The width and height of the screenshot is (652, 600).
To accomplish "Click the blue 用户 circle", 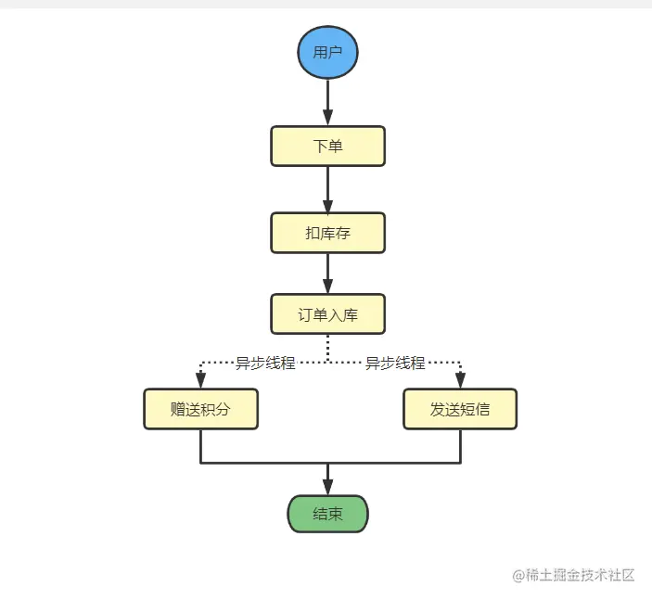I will [327, 52].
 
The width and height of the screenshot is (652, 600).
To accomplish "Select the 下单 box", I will [327, 147].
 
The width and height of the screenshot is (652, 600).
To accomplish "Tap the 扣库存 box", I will [327, 233].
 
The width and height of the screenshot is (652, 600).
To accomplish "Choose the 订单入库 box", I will [327, 314].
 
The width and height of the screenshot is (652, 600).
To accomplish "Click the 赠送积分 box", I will [200, 409].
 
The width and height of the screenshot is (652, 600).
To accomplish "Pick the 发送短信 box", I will [460, 409].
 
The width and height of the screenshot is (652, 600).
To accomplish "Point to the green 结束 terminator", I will [327, 514].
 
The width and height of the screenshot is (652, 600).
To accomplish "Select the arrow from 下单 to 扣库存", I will [327, 189].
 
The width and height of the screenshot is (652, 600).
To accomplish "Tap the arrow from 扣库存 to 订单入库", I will [327, 274].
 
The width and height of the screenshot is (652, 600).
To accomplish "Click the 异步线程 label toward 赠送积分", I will [265, 363].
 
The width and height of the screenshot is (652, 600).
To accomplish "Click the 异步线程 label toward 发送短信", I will [395, 363].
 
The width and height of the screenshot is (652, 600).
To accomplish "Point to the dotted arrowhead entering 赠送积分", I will [200, 378].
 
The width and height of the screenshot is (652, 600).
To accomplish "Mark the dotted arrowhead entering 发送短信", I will [460, 378].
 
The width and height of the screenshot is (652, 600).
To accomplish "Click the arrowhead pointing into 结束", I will [327, 486].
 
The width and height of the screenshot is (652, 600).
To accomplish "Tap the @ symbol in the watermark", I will [519, 575].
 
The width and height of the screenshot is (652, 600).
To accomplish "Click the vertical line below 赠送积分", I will [200, 445].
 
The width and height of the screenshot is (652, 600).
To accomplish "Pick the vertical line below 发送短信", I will [460, 445].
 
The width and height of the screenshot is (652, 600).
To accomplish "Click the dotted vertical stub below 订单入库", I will [327, 348].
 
